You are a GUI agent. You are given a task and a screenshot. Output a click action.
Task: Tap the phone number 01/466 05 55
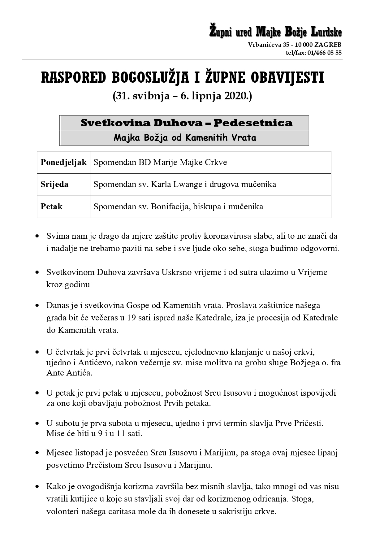[325, 53]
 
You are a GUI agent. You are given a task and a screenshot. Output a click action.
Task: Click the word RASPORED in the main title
[73, 78]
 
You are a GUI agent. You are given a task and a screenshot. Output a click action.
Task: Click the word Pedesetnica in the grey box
[253, 123]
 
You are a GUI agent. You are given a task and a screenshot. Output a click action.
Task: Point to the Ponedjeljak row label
[63, 162]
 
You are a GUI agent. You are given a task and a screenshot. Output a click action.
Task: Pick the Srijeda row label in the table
[54, 185]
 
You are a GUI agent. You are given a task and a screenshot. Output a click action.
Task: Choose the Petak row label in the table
[51, 206]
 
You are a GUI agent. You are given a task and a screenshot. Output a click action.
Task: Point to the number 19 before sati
[132, 318]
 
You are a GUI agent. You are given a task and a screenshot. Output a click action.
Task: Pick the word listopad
[88, 453]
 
